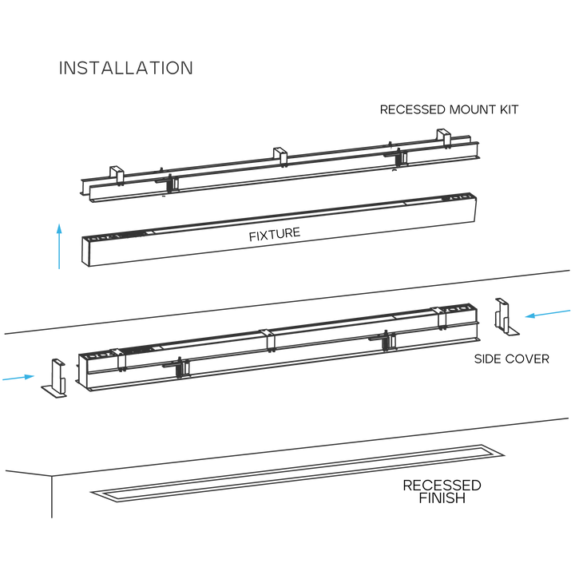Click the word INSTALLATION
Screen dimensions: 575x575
125,68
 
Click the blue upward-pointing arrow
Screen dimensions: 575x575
58,246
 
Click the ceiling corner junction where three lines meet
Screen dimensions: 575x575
50,477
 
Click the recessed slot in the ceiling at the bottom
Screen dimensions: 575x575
295,473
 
